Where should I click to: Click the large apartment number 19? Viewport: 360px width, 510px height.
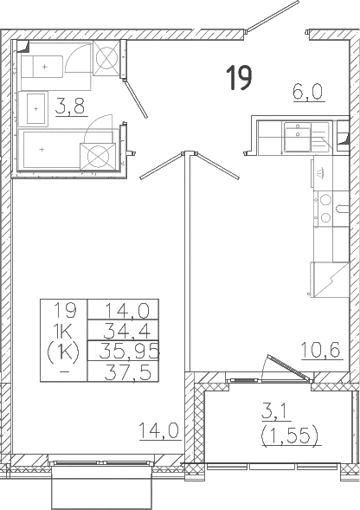(240, 77)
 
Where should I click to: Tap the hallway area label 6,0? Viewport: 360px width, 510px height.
(307, 92)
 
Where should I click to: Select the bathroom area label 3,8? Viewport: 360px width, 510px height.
(70, 106)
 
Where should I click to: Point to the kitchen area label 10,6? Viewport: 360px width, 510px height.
(321, 350)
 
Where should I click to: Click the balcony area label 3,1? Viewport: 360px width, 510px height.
(273, 411)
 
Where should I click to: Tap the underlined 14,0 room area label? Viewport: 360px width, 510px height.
(159, 430)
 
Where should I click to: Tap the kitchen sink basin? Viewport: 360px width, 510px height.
(297, 137)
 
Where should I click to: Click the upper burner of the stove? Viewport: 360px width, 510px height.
(325, 199)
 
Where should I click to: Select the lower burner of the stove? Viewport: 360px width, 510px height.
(325, 217)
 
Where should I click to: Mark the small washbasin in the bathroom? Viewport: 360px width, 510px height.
(35, 108)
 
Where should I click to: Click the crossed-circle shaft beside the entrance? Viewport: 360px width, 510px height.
(106, 59)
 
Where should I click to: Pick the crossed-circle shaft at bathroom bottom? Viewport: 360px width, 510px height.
(98, 157)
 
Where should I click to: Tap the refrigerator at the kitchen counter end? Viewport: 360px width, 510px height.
(330, 280)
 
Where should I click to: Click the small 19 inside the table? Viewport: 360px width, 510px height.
(65, 310)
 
